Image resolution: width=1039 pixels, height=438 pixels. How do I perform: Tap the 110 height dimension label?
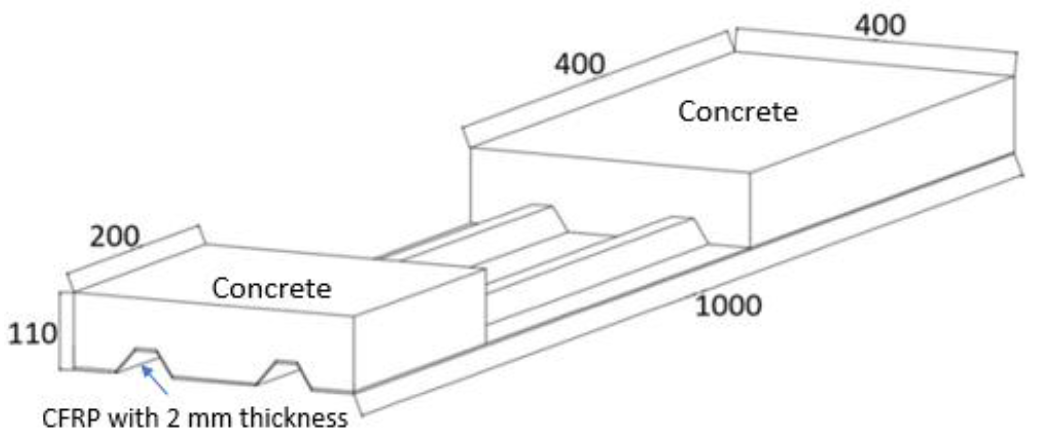(x=32, y=334)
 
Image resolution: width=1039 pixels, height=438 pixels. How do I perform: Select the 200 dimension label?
(x=115, y=237)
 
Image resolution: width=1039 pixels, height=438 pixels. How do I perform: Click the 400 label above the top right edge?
(x=880, y=25)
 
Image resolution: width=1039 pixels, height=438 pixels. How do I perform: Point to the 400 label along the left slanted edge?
(x=579, y=64)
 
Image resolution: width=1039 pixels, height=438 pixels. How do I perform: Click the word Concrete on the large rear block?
(x=738, y=112)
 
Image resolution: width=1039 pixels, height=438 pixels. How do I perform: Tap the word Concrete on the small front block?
(x=271, y=288)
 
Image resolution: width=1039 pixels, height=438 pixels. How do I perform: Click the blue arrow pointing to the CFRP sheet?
(x=155, y=379)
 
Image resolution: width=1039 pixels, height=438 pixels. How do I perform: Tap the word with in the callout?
(x=133, y=418)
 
